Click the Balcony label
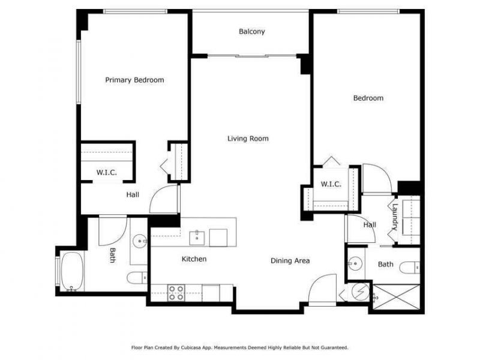pyautogui.click(x=251, y=32)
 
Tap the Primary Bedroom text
pyautogui.click(x=134, y=80)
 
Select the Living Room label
pyautogui.click(x=248, y=139)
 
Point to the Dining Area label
pyautogui.click(x=290, y=260)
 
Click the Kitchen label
pyautogui.click(x=194, y=259)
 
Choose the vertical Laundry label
pyautogui.click(x=395, y=218)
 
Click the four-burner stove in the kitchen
pyautogui.click(x=176, y=292)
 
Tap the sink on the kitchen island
pyautogui.click(x=197, y=238)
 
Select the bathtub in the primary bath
pyautogui.click(x=72, y=271)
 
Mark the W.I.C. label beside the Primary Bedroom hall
pyautogui.click(x=106, y=173)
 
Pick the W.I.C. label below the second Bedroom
pyautogui.click(x=331, y=184)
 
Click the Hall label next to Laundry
pyautogui.click(x=370, y=225)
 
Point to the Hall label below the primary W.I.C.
pyautogui.click(x=133, y=194)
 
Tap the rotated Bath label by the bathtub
pyautogui.click(x=112, y=256)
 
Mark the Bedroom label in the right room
pyautogui.click(x=368, y=98)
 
